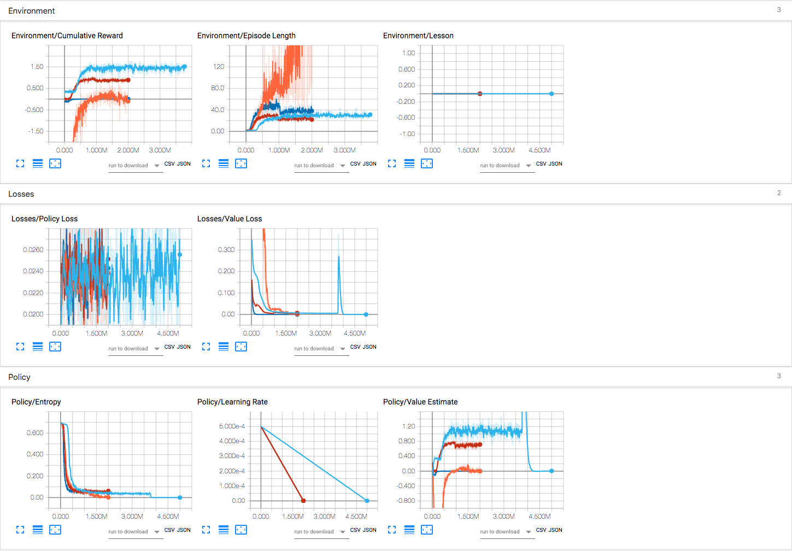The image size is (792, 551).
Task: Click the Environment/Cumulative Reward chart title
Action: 67,36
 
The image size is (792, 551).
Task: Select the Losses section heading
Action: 21,194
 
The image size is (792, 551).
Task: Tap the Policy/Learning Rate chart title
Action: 232,402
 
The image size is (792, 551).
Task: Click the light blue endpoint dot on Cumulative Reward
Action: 184,67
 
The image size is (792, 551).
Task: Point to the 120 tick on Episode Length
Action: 219,67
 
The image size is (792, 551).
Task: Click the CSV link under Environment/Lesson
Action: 541,164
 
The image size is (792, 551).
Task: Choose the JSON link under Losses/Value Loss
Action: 370,347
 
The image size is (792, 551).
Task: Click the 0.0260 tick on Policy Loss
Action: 33,250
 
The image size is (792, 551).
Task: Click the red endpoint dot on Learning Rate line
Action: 303,501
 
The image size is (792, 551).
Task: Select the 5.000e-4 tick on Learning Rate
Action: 232,426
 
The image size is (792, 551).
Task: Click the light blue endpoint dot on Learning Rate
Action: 367,501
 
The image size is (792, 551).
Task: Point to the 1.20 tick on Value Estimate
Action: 408,426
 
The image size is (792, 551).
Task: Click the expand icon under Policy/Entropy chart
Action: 20,530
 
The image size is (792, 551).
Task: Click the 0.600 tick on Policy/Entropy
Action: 35,433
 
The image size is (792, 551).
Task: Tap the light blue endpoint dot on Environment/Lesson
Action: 552,94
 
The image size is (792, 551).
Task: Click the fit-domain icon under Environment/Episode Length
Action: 241,163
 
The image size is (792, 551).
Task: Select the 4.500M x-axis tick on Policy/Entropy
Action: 168,517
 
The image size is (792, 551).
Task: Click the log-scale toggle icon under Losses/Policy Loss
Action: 38,347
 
